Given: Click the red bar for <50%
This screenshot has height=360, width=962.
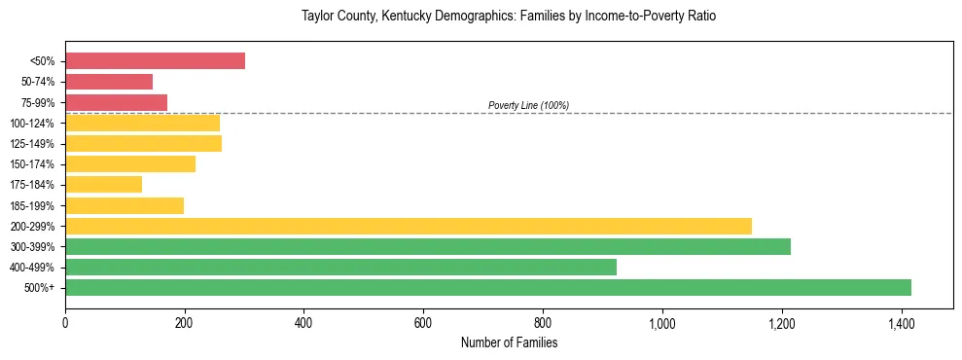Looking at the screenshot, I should pyautogui.click(x=155, y=61).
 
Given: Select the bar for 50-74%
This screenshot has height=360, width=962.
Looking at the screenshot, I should pyautogui.click(x=109, y=82).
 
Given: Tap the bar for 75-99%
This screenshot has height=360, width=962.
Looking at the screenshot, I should pyautogui.click(x=116, y=102).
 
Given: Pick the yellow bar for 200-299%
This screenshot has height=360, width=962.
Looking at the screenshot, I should pyautogui.click(x=409, y=226).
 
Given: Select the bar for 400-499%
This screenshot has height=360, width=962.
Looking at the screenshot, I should pyautogui.click(x=340, y=267).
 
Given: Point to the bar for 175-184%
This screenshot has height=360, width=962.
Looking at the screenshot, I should pyautogui.click(x=103, y=184).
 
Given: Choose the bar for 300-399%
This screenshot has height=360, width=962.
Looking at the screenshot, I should pyautogui.click(x=428, y=246).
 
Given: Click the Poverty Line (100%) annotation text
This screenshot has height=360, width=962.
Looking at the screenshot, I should pyautogui.click(x=528, y=105).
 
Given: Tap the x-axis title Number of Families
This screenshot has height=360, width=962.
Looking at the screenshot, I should pyautogui.click(x=509, y=342).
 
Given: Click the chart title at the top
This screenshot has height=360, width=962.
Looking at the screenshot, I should pyautogui.click(x=509, y=17).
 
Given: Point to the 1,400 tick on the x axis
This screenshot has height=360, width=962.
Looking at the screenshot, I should pyautogui.click(x=901, y=322).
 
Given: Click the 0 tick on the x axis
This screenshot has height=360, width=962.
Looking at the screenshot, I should pyautogui.click(x=65, y=322).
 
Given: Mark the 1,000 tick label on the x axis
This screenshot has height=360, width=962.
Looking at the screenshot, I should pyautogui.click(x=661, y=322).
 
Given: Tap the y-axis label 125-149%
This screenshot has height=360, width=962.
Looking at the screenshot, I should pyautogui.click(x=32, y=144).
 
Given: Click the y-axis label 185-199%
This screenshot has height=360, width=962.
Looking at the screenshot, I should pyautogui.click(x=32, y=205).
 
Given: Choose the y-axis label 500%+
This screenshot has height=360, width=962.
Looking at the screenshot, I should pyautogui.click(x=39, y=288).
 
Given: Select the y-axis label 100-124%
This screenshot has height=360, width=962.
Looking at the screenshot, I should pyautogui.click(x=32, y=124).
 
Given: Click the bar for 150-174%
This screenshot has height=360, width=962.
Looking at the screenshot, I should pyautogui.click(x=130, y=163).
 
